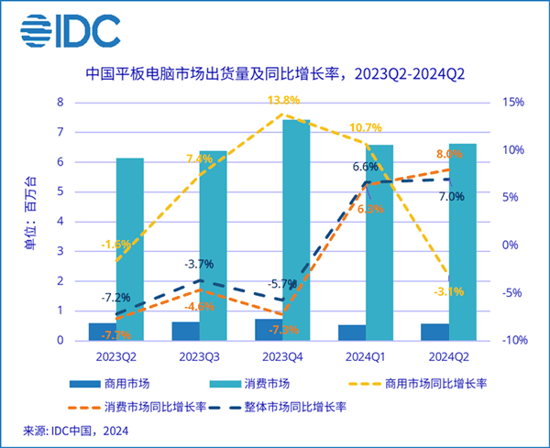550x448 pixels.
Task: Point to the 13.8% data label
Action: [x=283, y=100]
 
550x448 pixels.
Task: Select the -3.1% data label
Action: [x=448, y=292]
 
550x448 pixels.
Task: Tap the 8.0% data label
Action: [x=450, y=154]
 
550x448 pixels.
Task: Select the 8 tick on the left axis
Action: [x=60, y=103]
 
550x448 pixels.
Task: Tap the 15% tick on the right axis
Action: [x=513, y=103]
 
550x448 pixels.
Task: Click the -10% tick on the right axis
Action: [x=513, y=340]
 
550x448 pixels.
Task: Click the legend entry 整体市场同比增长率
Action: [x=299, y=404]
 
